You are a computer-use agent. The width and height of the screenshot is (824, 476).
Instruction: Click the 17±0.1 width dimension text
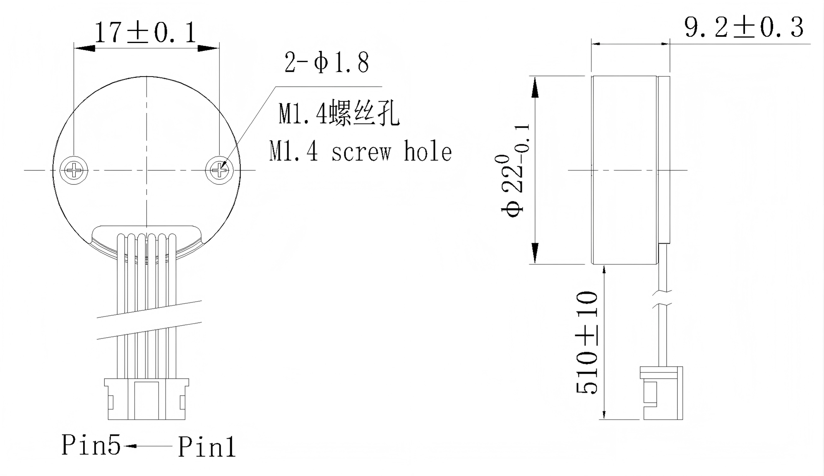tap(146, 33)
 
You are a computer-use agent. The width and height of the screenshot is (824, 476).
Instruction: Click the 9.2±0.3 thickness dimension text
tap(744, 27)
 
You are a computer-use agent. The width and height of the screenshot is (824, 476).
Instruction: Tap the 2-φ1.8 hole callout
tap(326, 63)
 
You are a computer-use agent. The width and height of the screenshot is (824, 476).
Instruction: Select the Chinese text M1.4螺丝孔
tap(339, 114)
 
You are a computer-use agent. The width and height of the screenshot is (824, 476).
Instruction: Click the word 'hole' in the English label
tap(427, 152)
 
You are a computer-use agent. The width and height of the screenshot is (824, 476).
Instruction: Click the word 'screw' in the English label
tap(361, 152)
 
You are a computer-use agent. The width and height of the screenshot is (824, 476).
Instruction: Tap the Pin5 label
tap(91, 445)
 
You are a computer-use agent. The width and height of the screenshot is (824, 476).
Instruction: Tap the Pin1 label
tap(207, 447)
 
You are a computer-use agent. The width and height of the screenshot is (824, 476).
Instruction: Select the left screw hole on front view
tap(74, 170)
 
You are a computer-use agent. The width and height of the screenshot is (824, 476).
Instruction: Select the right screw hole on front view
tap(219, 170)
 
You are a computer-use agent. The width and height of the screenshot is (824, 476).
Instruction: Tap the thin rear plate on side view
tap(663, 159)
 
